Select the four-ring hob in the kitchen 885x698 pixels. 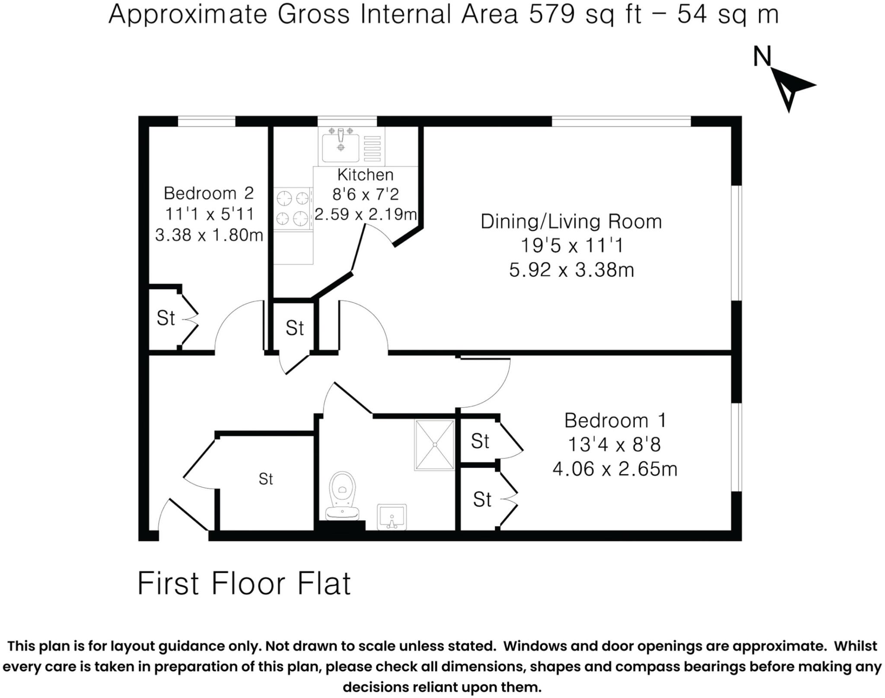293,209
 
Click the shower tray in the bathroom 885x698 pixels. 434,444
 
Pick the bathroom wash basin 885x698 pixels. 392,517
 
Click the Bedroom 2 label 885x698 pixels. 209,193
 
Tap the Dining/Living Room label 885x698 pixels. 571,222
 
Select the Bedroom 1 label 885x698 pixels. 615,420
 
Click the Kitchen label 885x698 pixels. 365,175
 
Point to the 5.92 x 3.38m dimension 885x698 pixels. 571,270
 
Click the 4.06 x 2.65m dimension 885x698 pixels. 614,469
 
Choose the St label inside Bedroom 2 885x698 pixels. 166,318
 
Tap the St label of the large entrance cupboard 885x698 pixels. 266,479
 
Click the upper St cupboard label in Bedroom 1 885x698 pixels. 480,441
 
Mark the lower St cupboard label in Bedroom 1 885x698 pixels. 482,500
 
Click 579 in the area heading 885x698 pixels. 552,14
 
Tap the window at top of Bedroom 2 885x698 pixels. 207,121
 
